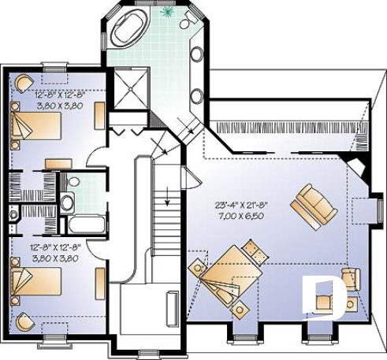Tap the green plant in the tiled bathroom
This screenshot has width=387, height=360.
point(166,13)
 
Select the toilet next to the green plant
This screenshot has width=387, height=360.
point(188,21)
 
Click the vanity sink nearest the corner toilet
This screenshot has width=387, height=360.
point(195,57)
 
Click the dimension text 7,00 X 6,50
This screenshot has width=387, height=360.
point(239,214)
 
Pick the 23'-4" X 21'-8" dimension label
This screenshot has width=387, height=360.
point(240,205)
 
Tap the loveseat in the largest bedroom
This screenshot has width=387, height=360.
point(307,202)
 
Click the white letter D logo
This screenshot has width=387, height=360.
point(319,296)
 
